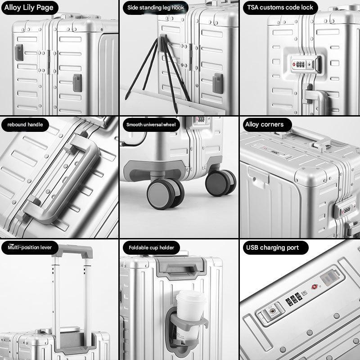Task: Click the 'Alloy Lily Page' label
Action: click(29, 8)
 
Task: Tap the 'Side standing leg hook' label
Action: click(156, 8)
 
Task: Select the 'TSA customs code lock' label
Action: click(280, 8)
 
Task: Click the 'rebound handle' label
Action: click(25, 125)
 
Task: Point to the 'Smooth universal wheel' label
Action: click(151, 125)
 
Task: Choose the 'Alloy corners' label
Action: click(264, 125)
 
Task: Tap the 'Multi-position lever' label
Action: click(30, 247)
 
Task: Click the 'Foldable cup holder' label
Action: click(151, 248)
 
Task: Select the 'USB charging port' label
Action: click(272, 247)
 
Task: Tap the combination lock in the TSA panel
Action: click(305, 64)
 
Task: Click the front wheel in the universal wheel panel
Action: click(165, 193)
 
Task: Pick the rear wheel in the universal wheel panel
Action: click(220, 183)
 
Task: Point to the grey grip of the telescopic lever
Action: click(73, 251)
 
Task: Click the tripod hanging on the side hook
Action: click(158, 73)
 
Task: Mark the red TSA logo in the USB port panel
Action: click(315, 287)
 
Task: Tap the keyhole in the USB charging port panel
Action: click(272, 311)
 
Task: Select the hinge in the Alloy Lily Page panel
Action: click(49, 62)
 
